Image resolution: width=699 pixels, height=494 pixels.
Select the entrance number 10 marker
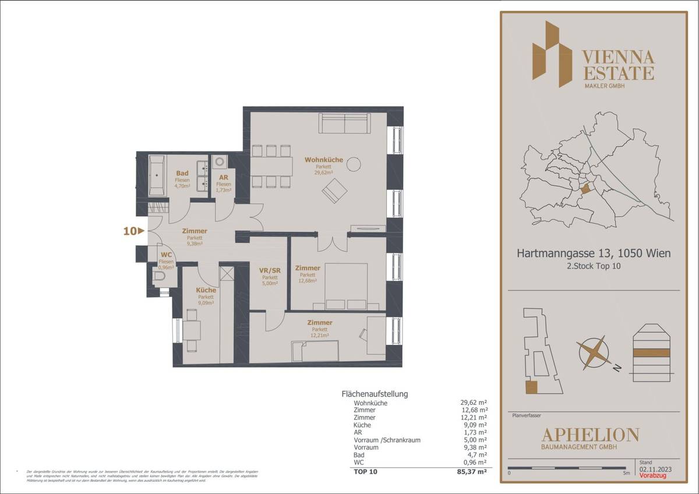(133, 231)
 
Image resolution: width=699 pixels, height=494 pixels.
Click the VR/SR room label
(270, 270)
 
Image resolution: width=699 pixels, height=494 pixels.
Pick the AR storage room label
(223, 178)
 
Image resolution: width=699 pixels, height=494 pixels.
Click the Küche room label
(206, 290)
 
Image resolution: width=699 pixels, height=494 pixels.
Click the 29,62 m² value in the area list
(474, 403)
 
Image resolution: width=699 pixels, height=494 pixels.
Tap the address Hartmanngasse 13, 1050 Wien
(593, 253)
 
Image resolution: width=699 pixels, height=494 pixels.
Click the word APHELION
(590, 435)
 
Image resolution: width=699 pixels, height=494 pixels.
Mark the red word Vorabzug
(652, 476)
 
